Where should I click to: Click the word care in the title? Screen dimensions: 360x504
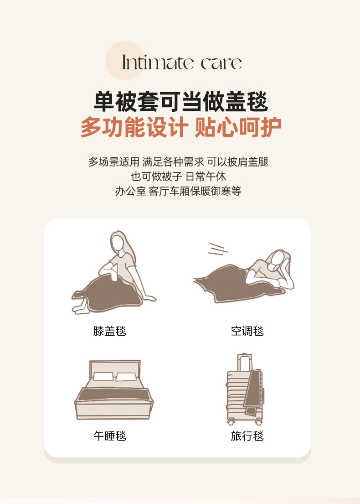(221, 63)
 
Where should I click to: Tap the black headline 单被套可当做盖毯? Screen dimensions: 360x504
(181, 102)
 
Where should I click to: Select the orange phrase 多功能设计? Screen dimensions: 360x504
(134, 127)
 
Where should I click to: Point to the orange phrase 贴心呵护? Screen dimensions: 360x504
(238, 127)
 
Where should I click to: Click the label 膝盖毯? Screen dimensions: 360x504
(109, 331)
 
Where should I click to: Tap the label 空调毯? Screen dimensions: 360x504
(247, 331)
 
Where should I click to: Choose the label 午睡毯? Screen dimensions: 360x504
(109, 436)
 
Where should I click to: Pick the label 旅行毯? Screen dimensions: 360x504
(247, 436)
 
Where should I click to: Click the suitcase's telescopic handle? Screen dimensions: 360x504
(245, 362)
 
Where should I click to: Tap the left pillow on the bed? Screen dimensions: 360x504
(103, 376)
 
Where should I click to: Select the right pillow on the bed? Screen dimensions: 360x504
(126, 377)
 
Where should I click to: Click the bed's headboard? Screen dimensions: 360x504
(115, 367)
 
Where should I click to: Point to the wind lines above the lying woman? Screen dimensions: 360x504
(217, 249)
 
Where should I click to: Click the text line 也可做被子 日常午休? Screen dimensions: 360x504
(178, 177)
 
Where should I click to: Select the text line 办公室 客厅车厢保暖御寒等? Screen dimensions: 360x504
(178, 191)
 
